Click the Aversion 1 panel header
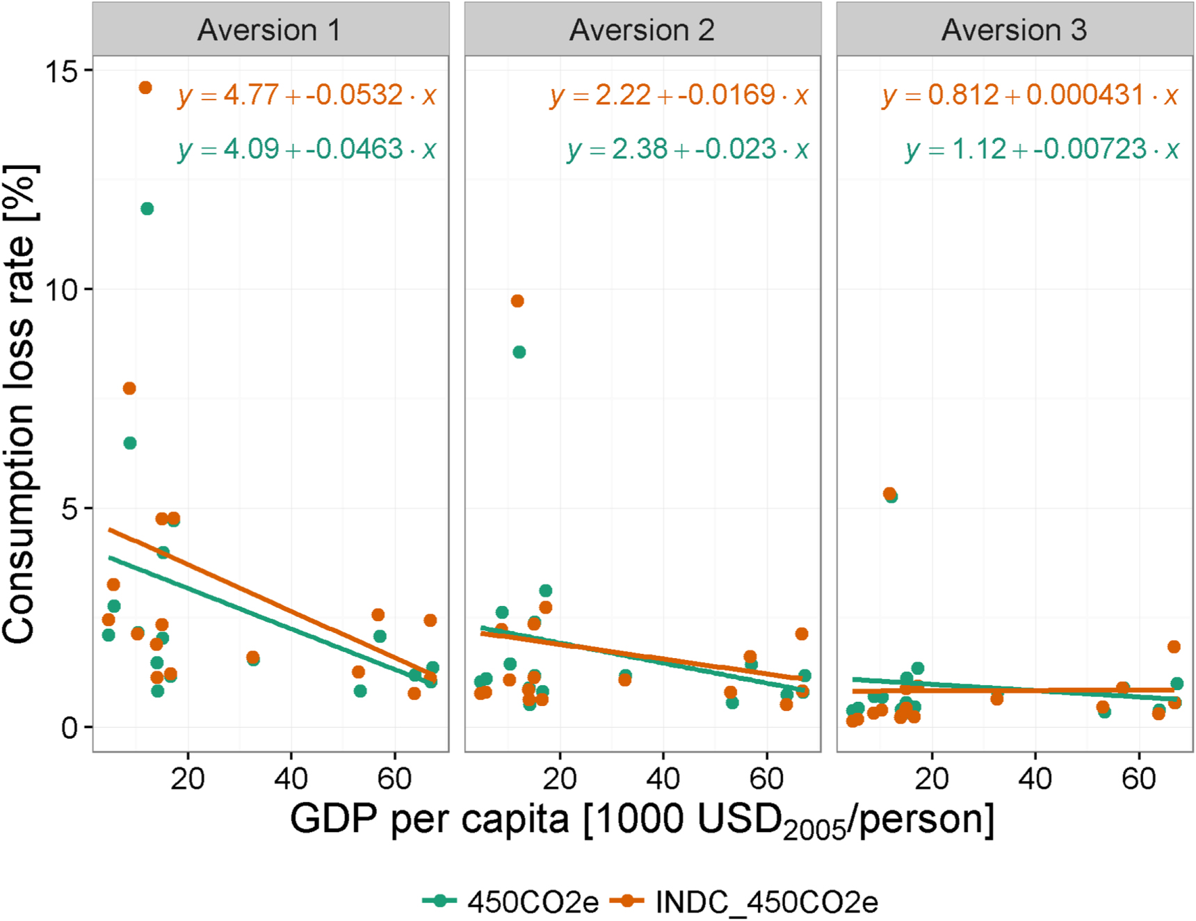pos(270,30)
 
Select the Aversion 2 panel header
pos(642,30)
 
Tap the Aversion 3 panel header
pos(1014,30)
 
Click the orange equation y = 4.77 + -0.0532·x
pos(307,95)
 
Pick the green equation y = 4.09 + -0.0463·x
pos(307,150)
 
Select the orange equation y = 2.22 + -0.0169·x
pos(679,95)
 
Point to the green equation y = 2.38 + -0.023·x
pos(687,150)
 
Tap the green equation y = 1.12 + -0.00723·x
pos(1042,150)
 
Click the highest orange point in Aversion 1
pos(145,88)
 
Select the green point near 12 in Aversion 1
pos(147,209)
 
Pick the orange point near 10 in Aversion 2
pos(517,301)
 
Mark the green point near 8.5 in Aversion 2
pos(519,352)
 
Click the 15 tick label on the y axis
pos(61,71)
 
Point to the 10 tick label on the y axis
pos(61,290)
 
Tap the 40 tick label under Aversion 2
pos(663,778)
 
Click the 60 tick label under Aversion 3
pos(1138,778)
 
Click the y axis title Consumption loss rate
pos(19,403)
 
